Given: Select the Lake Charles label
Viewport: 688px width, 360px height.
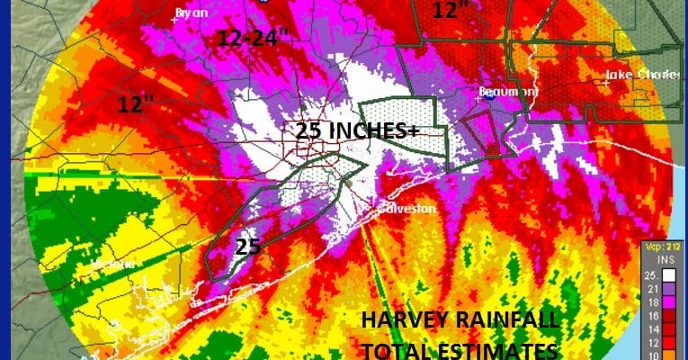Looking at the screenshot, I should (x=630, y=75).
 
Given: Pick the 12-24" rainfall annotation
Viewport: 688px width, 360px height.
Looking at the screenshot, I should (x=254, y=38).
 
